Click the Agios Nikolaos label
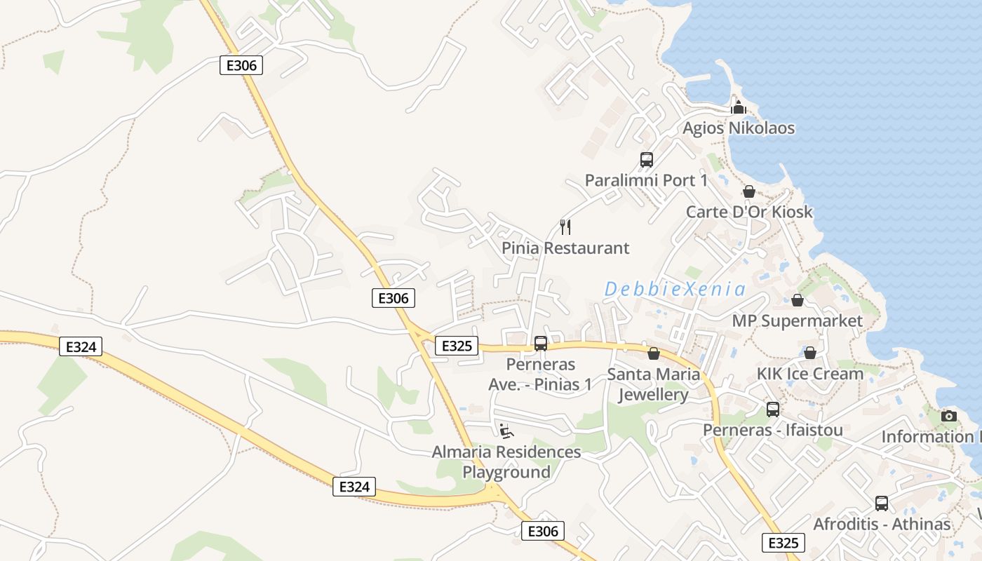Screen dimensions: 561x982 [739, 128]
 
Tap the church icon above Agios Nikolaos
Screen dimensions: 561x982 [738, 108]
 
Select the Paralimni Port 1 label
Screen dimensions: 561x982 [646, 180]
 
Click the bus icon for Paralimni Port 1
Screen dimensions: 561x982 [646, 160]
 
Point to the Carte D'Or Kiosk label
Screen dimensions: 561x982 [749, 212]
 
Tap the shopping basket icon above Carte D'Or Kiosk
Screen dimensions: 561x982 [749, 191]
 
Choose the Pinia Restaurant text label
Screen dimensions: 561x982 [565, 248]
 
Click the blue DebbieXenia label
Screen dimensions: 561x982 [675, 289]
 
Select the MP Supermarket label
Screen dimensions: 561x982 [797, 320]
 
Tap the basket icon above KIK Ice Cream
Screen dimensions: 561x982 [810, 353]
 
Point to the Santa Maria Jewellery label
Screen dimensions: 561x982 [653, 384]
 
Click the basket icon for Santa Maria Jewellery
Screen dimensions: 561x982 [653, 353]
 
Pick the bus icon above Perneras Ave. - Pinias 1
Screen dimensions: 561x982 [540, 344]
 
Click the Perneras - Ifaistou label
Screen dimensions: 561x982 [772, 430]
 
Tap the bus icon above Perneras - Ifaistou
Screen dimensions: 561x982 [772, 410]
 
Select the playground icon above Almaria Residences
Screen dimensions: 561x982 [506, 431]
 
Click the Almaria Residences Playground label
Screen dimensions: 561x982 [506, 462]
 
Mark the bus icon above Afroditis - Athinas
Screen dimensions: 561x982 [882, 503]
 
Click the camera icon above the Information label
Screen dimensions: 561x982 [949, 416]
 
